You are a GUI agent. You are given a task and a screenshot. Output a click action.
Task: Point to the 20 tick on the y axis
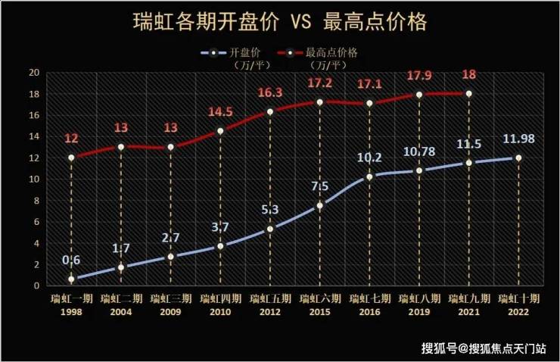(x=33, y=73)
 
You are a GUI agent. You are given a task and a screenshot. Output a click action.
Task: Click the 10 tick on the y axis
(x=33, y=179)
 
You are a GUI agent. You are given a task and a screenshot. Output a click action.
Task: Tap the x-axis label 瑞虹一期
(x=70, y=298)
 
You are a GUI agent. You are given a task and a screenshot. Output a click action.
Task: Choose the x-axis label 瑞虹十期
(x=518, y=298)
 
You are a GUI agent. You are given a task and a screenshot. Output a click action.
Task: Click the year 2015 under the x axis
(x=319, y=311)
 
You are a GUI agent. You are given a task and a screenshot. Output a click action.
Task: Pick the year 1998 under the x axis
(x=70, y=311)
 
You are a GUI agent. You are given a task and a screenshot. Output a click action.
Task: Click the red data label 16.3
(x=269, y=93)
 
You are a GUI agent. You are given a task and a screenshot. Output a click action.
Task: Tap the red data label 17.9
(x=418, y=76)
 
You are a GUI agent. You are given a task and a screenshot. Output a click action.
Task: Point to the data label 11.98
(x=518, y=139)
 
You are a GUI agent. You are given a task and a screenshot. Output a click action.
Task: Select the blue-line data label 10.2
(x=369, y=158)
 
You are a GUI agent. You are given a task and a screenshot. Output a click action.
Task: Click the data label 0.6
(x=71, y=261)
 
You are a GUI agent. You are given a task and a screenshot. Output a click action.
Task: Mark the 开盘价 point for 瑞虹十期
(x=518, y=158)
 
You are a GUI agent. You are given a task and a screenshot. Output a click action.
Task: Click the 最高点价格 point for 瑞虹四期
(x=220, y=131)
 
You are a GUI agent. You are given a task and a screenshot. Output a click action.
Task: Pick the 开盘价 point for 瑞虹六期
(x=319, y=205)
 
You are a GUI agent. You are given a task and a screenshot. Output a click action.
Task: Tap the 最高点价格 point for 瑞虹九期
(x=468, y=94)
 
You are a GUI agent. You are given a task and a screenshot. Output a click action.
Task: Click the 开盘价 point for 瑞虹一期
(x=71, y=279)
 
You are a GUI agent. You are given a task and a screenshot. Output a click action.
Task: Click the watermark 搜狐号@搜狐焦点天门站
(x=484, y=348)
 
